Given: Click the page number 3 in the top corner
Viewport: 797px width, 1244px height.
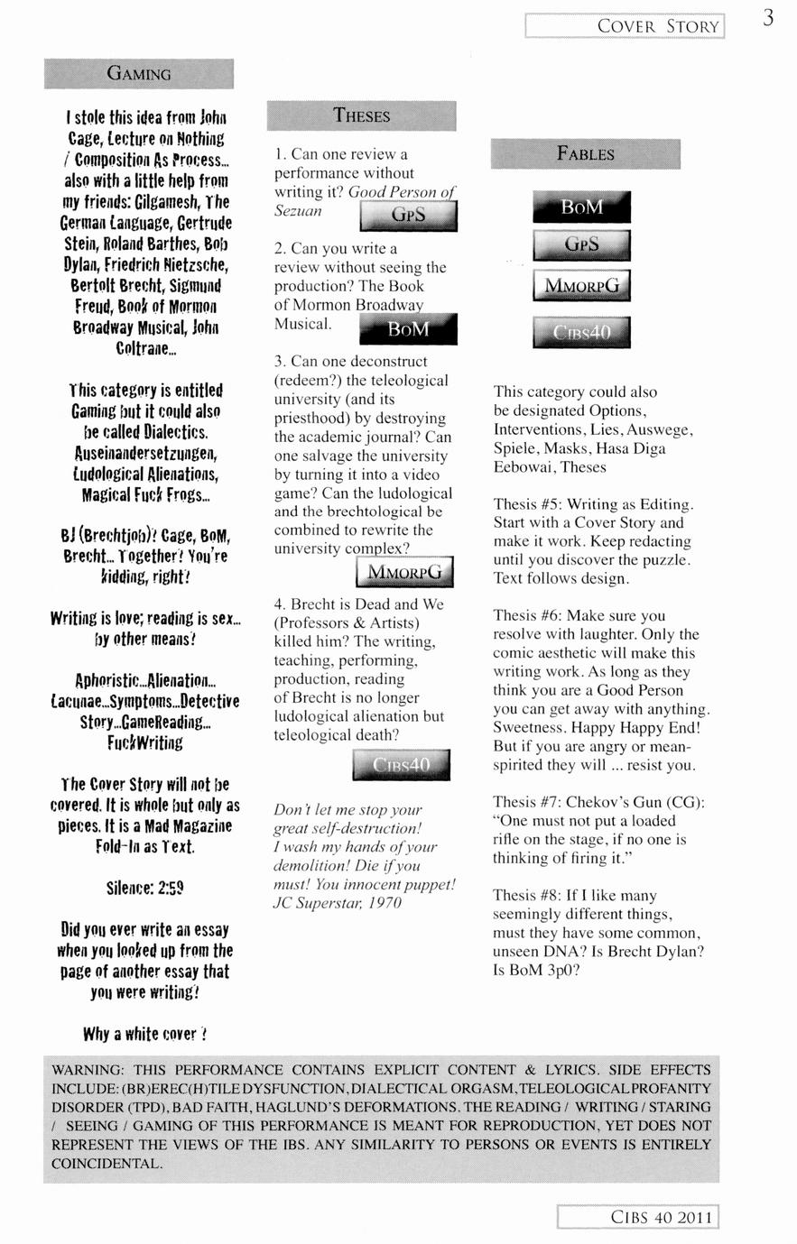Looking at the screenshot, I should [x=768, y=17].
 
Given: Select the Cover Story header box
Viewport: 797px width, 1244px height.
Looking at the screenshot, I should [x=625, y=26].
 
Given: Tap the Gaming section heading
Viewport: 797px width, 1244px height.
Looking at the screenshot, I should [x=139, y=74].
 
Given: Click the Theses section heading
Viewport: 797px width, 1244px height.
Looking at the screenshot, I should [x=361, y=115].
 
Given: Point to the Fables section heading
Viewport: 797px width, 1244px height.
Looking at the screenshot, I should [x=585, y=154].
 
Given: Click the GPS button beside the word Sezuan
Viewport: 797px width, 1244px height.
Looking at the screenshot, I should [x=408, y=216].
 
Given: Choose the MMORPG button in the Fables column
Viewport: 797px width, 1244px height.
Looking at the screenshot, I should [x=582, y=286].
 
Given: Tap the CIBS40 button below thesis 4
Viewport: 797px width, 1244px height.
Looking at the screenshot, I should [x=402, y=765].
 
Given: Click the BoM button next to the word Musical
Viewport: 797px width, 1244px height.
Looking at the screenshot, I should [x=408, y=329].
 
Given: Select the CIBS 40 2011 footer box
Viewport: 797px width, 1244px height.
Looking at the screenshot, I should [x=637, y=1217].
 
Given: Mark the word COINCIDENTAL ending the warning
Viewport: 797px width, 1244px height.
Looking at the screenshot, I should [x=107, y=1163].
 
